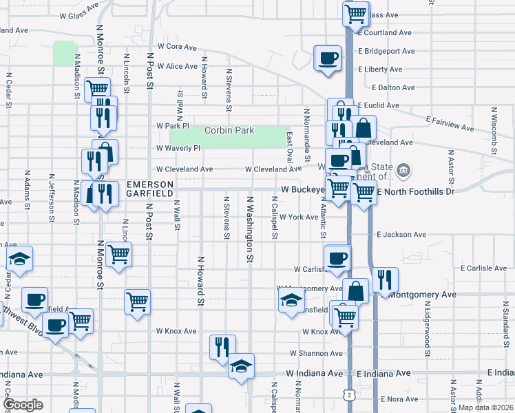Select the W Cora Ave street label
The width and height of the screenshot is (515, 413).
click(x=177, y=47)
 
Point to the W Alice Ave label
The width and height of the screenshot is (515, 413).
click(x=177, y=67)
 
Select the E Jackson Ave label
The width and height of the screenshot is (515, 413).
click(x=401, y=235)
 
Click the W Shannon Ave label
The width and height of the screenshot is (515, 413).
click(x=315, y=353)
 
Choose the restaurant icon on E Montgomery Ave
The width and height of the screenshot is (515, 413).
click(x=385, y=279)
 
